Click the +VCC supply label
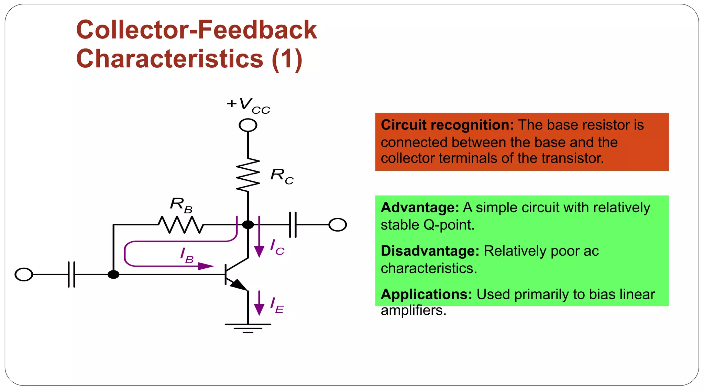tap(249, 105)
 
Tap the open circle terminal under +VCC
tap(248, 125)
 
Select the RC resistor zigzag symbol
tap(248, 175)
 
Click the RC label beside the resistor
tap(282, 176)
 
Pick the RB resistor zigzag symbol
tap(181, 225)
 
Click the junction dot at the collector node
tap(248, 225)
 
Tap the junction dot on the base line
tap(113, 275)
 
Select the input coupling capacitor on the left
tap(71, 275)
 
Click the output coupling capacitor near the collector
tap(293, 225)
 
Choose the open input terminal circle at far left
tap(24, 275)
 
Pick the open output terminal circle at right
tap(338, 225)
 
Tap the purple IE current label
tap(277, 305)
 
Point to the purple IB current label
tap(187, 255)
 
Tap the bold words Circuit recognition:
tap(447, 125)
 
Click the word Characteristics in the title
tap(170, 59)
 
